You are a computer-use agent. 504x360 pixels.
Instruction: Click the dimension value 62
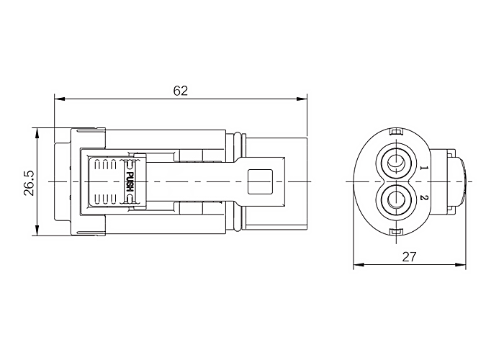tap(180, 91)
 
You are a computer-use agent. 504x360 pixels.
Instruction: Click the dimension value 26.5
tap(30, 183)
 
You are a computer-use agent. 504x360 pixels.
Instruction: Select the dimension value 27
tap(409, 257)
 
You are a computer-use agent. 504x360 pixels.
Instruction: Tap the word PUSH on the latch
tap(130, 181)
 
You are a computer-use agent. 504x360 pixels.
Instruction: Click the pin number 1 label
tap(424, 168)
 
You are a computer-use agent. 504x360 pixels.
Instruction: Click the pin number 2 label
tap(424, 197)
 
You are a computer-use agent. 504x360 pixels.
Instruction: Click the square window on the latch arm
tap(260, 181)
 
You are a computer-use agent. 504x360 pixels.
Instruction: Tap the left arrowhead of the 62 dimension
tap(60, 99)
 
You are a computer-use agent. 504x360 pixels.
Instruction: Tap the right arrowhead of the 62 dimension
tap(302, 99)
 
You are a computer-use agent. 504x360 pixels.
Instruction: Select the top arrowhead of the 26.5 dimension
tap(37, 133)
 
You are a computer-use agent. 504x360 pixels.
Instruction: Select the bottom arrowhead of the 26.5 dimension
tap(37, 231)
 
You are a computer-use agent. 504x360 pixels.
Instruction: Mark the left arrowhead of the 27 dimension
tap(359, 265)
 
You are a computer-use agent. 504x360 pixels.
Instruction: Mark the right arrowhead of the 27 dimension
tap(461, 265)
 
